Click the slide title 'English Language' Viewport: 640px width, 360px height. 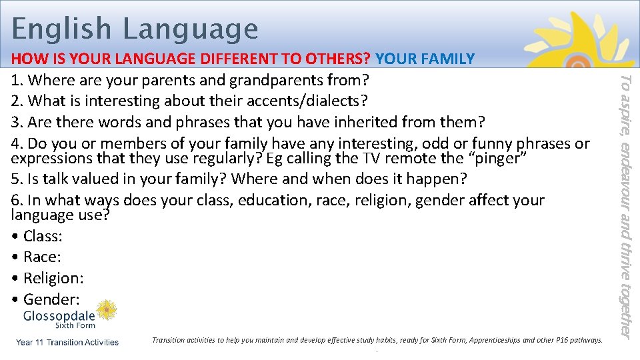[135, 29]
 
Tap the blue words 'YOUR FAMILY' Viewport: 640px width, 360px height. [425, 59]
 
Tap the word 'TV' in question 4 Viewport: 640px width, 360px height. [374, 158]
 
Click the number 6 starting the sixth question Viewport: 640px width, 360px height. [16, 200]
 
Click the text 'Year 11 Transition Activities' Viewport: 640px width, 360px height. [67, 343]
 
